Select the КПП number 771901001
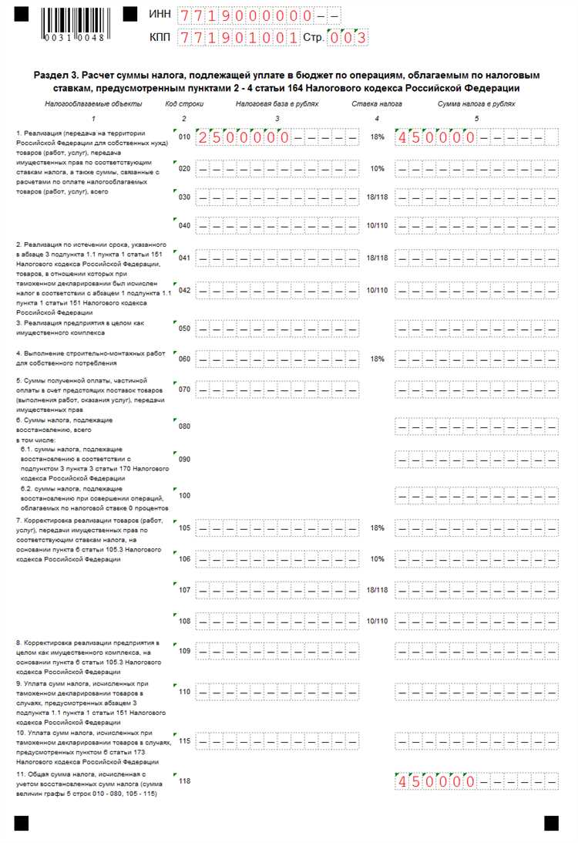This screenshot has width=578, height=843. [238, 37]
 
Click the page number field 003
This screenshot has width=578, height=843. [347, 37]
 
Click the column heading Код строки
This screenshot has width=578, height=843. [183, 103]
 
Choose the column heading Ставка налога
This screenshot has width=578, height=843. [377, 103]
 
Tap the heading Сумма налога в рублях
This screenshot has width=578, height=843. [476, 103]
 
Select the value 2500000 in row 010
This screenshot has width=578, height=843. [244, 138]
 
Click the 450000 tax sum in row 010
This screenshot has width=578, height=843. [435, 138]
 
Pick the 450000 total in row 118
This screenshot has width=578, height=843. [435, 781]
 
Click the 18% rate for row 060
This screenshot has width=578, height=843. [377, 359]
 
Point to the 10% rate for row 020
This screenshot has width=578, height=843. [377, 168]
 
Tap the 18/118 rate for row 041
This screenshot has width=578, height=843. [377, 258]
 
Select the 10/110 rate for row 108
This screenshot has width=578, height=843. [377, 621]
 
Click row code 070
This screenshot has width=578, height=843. [184, 389]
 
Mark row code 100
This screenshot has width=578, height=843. [184, 495]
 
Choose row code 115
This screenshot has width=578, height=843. [184, 741]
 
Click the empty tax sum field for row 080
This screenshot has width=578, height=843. [476, 426]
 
